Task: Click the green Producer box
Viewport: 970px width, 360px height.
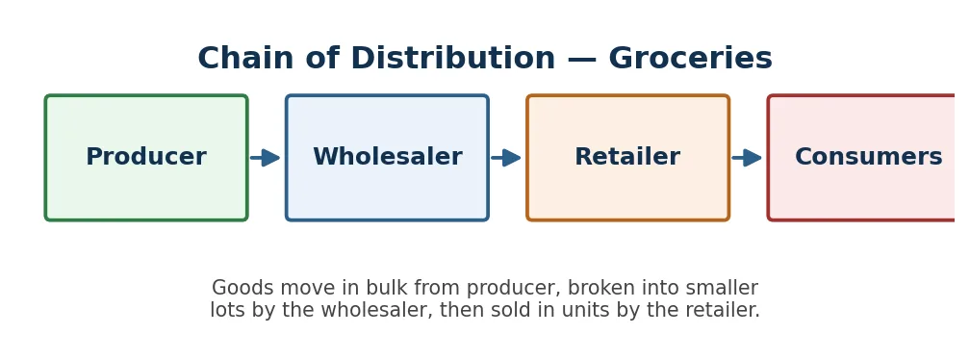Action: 146,158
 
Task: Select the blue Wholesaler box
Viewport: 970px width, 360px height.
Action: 387,158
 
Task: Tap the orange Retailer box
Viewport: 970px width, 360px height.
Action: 627,158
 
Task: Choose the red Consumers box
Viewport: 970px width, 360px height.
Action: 862,158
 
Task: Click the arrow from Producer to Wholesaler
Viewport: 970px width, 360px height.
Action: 265,158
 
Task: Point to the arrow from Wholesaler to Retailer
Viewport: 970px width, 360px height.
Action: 506,158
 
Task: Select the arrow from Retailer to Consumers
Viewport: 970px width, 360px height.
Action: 747,158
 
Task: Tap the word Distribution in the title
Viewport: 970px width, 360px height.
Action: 452,59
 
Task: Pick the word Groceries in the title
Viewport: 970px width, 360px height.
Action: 690,60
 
